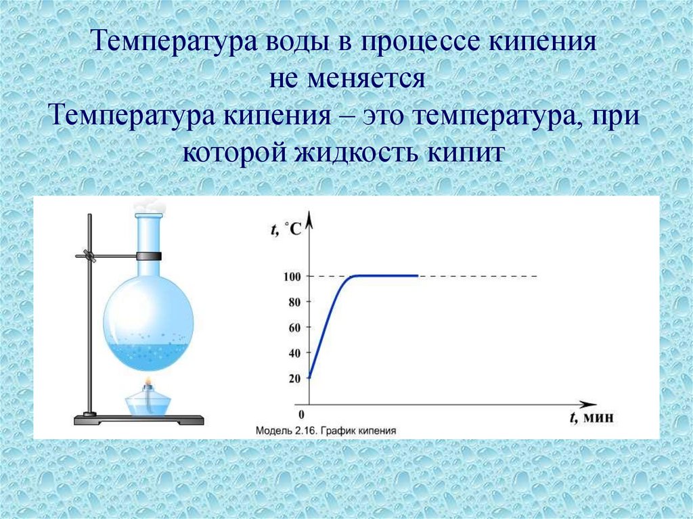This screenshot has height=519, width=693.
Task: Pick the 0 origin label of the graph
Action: pos(301,414)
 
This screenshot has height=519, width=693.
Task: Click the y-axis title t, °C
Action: pos(287,230)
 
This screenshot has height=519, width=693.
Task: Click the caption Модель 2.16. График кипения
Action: pos(326,430)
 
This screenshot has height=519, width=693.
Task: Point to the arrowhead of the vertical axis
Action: pos(309,218)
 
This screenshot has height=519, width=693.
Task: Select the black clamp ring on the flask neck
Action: pos(148,256)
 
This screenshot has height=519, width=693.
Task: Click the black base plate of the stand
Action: pos(139,420)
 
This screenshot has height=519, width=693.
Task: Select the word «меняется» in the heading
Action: pos(368,80)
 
